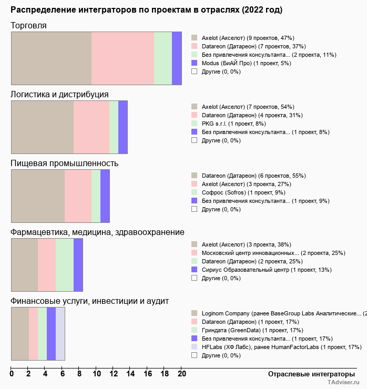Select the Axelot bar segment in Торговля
pyautogui.click(x=51, y=58)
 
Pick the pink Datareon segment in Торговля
pyautogui.click(x=123, y=58)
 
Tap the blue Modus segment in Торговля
pyautogui.click(x=177, y=58)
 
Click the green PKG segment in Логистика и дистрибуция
pyautogui.click(x=114, y=127)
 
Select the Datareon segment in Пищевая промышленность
pyautogui.click(x=38, y=196)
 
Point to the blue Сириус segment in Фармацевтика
pyautogui.click(x=78, y=264)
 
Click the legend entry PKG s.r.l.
pyautogui.click(x=227, y=124)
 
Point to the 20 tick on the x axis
pyautogui.click(x=181, y=374)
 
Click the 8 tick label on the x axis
pyautogui.click(x=79, y=374)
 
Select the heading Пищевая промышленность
pyautogui.click(x=64, y=163)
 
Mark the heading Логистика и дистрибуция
pyautogui.click(x=59, y=94)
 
